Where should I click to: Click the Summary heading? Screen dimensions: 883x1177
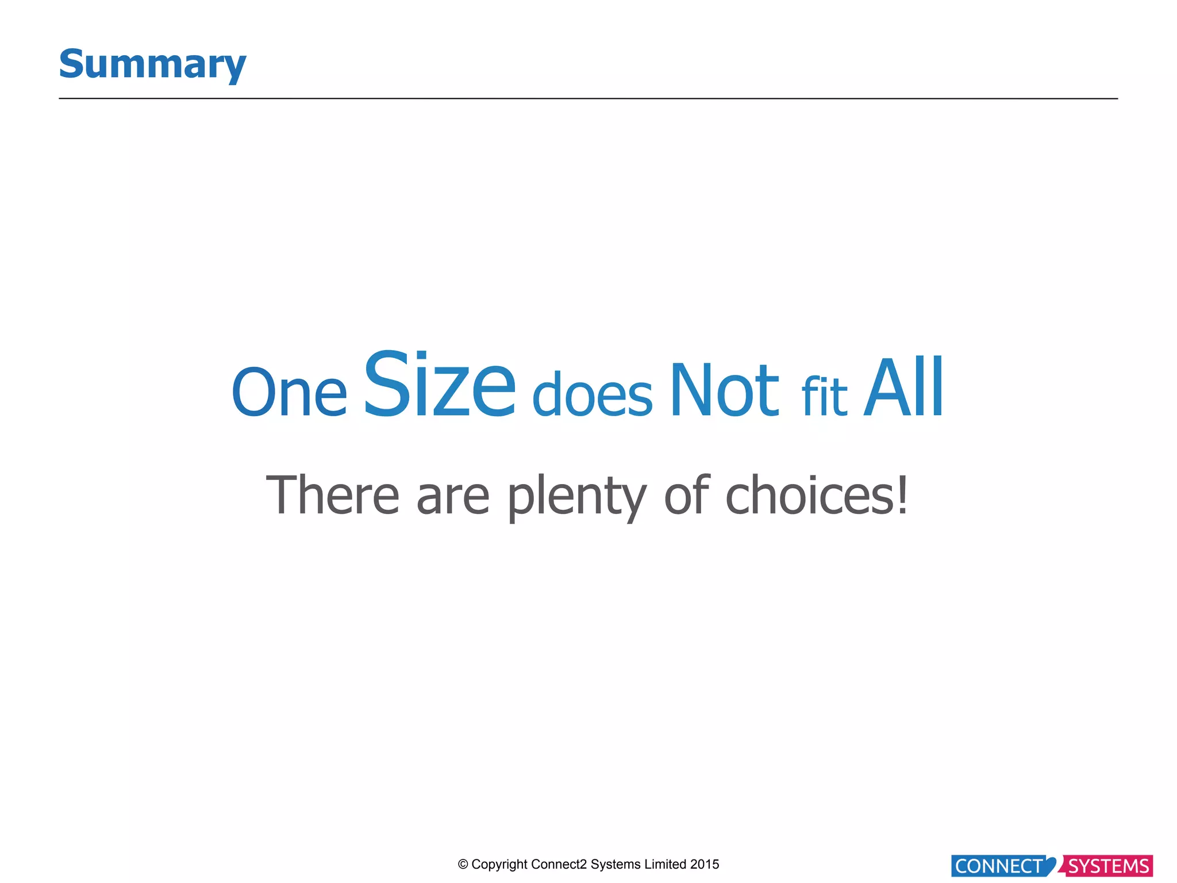(x=152, y=64)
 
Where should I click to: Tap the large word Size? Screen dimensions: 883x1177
(x=440, y=384)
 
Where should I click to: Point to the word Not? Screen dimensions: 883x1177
(x=724, y=390)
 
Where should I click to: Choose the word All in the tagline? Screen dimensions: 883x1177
(x=903, y=387)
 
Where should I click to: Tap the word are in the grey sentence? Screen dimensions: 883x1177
(x=453, y=497)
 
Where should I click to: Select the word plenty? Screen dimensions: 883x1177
(x=577, y=497)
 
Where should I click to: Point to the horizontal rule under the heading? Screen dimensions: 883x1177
(x=588, y=99)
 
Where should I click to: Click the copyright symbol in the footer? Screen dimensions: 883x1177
(x=463, y=865)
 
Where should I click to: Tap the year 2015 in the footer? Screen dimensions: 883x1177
(x=705, y=864)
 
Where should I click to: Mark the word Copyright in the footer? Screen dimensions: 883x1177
(x=499, y=865)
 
